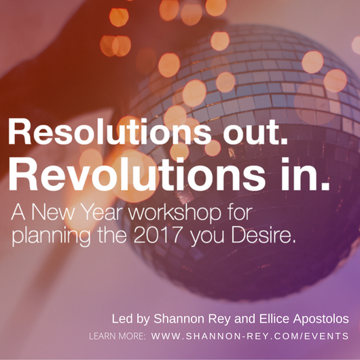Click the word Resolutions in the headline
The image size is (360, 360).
click(109, 132)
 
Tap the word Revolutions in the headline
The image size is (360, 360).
click(137, 175)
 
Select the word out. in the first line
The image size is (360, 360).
click(255, 132)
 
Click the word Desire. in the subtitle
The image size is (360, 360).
click(263, 234)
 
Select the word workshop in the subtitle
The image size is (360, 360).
click(175, 213)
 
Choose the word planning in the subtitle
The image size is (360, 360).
click(51, 236)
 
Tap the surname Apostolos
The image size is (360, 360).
click(321, 319)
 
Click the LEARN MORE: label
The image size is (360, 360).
click(118, 336)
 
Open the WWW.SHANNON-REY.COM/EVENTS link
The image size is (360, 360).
click(250, 336)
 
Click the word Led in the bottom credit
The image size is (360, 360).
click(119, 319)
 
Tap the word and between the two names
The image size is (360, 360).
click(245, 319)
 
